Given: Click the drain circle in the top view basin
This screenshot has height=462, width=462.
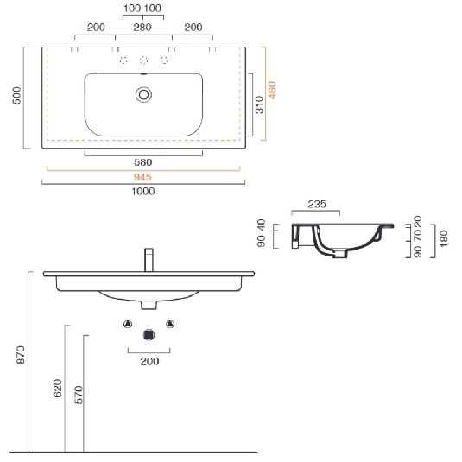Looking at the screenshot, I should tap(144, 93).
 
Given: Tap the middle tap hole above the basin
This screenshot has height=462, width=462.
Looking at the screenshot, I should tap(144, 60).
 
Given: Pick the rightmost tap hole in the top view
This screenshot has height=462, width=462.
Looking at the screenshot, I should tap(164, 60).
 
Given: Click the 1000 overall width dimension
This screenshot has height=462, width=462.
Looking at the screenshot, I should tap(144, 191).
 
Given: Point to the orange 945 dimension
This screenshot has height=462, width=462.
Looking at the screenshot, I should tap(144, 176).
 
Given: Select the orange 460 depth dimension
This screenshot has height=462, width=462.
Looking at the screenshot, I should tap(272, 92).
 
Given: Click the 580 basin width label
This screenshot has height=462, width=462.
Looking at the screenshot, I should tap(144, 161).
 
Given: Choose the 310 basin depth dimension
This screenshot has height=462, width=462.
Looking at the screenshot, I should tap(258, 105).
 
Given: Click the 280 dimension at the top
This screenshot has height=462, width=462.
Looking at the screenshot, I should tap(144, 27).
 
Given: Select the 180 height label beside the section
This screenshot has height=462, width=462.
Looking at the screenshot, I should tap(444, 239).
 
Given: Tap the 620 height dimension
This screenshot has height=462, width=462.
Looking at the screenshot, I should tap(58, 388).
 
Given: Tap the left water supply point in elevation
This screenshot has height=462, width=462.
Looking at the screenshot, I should tap(128, 324).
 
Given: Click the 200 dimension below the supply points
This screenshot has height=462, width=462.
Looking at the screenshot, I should tap(149, 361).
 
